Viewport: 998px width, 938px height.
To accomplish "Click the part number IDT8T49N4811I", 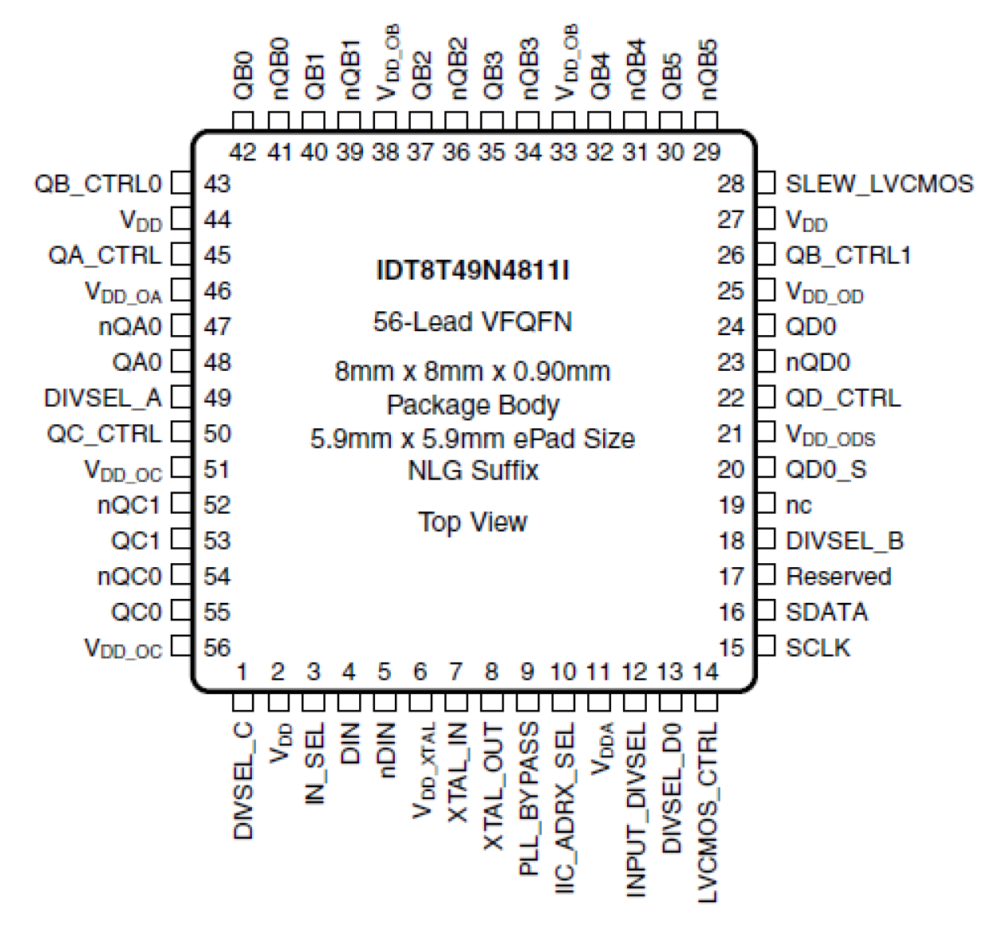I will [472, 271].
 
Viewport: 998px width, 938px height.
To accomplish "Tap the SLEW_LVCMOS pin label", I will [879, 183].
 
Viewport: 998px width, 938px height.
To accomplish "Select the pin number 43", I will [217, 183].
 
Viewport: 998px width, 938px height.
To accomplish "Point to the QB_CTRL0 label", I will [98, 183].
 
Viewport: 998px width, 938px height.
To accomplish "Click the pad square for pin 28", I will [765, 183].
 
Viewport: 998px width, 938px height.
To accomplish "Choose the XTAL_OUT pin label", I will [493, 786].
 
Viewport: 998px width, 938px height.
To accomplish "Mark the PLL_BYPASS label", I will [528, 798].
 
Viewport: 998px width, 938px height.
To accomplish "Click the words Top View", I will [472, 522].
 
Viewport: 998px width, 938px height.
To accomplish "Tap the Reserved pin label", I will [838, 576].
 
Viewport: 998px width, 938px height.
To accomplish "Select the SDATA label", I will [826, 612].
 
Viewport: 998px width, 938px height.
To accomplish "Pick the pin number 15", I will [731, 647].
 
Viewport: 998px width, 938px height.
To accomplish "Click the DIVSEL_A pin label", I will [103, 398].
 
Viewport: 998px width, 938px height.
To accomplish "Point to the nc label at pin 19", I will [799, 505].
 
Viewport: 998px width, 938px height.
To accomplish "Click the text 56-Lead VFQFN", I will [472, 322].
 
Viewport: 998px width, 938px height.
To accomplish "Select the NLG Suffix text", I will [472, 470].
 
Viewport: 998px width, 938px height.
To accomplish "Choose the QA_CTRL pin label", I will [104, 255].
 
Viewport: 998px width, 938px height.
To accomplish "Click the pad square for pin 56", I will [182, 647].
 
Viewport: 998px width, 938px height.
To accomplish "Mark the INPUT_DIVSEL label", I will [636, 809].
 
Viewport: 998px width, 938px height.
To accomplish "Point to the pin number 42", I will [242, 151].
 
